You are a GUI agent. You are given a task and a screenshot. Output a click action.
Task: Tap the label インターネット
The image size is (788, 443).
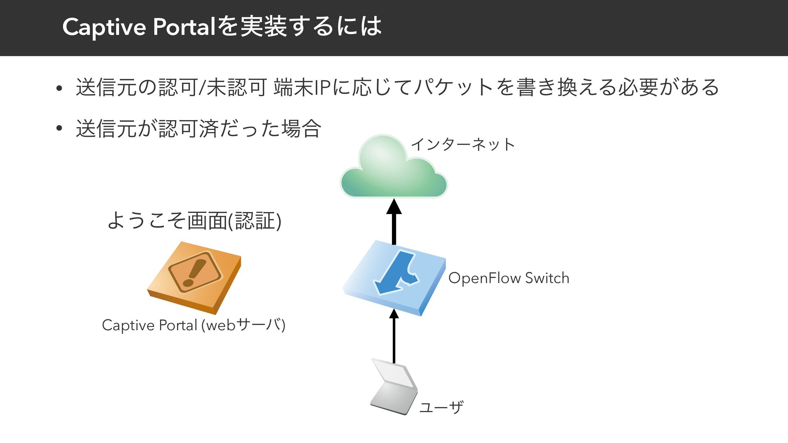[x=463, y=144]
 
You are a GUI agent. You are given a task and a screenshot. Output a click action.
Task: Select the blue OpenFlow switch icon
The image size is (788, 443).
[x=394, y=278]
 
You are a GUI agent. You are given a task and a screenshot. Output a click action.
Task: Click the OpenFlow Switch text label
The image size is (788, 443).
[x=509, y=278]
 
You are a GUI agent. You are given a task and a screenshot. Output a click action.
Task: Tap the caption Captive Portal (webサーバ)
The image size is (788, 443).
[x=193, y=325]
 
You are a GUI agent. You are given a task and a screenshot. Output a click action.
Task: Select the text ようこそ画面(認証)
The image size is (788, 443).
[x=194, y=221]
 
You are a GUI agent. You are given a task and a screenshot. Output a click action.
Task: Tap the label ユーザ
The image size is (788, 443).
[x=441, y=407]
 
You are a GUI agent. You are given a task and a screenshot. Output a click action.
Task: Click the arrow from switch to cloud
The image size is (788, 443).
[x=394, y=221]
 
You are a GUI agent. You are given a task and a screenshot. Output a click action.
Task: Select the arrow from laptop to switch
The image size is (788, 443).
[x=394, y=336]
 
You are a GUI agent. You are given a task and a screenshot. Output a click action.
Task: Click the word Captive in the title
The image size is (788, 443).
[x=104, y=27]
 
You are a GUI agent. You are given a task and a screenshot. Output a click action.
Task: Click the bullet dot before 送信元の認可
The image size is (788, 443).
[x=59, y=88]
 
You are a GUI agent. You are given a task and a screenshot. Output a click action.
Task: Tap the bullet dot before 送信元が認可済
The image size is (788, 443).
[x=59, y=129]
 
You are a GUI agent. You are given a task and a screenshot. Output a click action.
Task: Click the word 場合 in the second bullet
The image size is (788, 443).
[x=301, y=129]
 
